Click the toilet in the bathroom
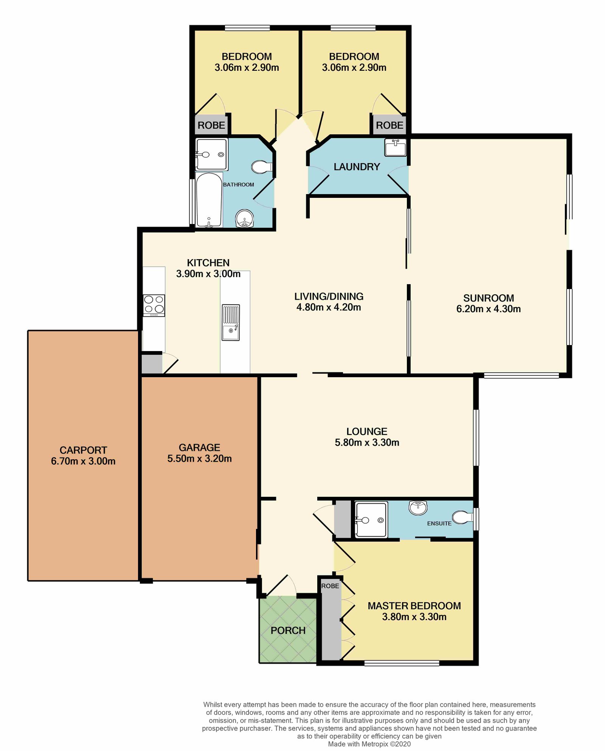coord(262,167)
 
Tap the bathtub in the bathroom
coord(209,200)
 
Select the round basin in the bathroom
coord(244,219)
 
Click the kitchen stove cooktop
coord(154,305)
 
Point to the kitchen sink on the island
coord(231,322)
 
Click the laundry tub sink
coord(395,147)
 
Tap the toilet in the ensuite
coord(463,517)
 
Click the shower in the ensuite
coord(371,519)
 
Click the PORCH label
coord(288,631)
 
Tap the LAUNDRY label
coord(357,167)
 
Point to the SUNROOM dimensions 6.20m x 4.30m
coord(488,309)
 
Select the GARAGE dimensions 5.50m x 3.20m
coord(199,459)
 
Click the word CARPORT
coord(83,450)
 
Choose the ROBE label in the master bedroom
coord(330,586)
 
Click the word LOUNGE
coord(367,432)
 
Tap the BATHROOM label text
coord(238,185)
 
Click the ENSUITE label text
coord(439,524)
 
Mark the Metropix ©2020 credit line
coord(369,744)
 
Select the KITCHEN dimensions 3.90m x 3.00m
coord(208,274)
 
